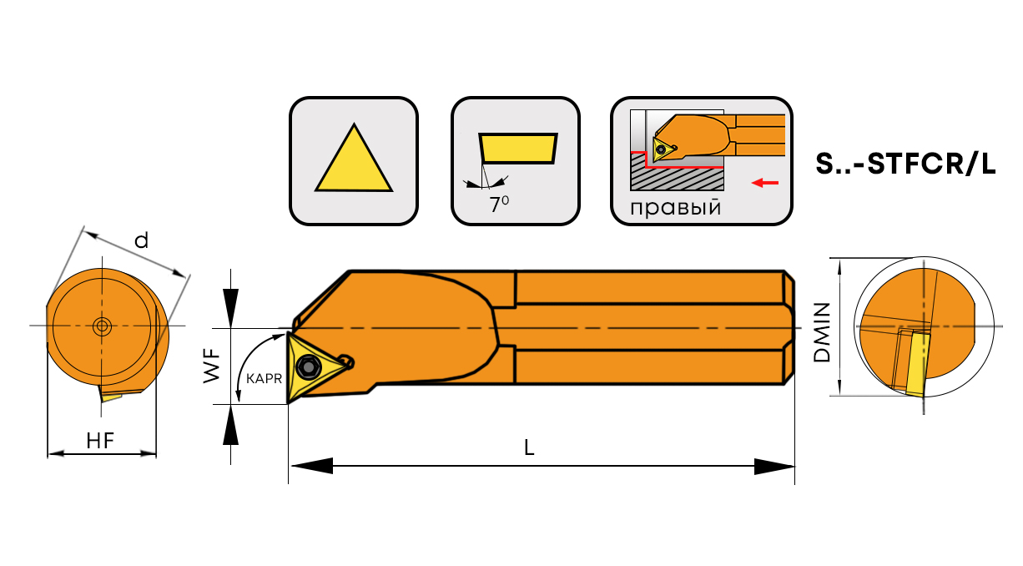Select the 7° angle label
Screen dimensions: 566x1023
498,205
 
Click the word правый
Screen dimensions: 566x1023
676,207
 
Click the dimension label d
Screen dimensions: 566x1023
141,241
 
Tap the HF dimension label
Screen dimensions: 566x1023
100,441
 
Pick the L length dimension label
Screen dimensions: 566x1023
529,447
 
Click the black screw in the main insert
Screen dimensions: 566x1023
309,366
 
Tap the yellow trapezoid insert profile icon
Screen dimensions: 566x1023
517,148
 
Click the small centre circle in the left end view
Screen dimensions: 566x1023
102,326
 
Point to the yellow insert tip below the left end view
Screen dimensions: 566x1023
111,394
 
